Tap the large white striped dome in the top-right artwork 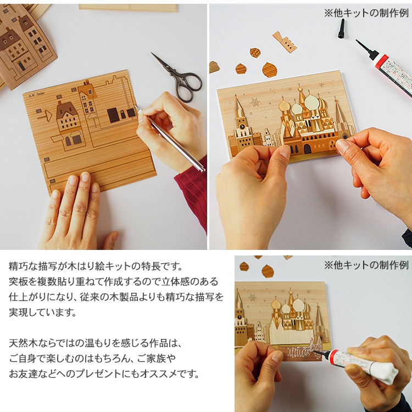point(311,102)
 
